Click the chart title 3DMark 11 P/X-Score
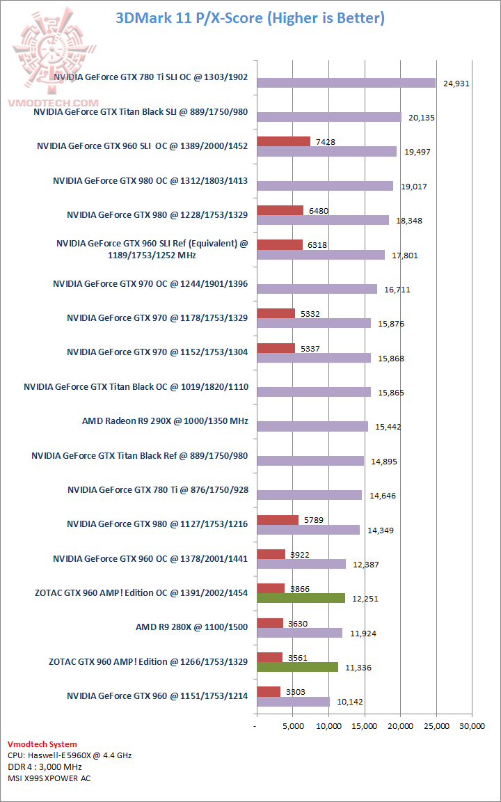(x=250, y=18)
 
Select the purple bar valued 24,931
(x=346, y=83)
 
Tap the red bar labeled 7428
(x=283, y=141)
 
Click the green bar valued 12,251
(x=301, y=598)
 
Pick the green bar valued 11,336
(x=297, y=667)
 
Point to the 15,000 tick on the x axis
(x=364, y=727)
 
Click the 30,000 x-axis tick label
(x=471, y=727)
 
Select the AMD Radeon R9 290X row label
(x=165, y=421)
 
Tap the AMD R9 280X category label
(x=191, y=627)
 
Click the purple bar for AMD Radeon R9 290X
(x=312, y=426)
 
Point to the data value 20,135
(x=422, y=118)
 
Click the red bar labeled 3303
(x=269, y=691)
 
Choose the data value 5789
(x=309, y=519)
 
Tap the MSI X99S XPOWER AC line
(x=49, y=778)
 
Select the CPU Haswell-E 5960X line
(x=70, y=755)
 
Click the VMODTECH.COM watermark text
(x=52, y=102)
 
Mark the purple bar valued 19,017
(x=325, y=186)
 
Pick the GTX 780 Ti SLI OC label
(x=150, y=78)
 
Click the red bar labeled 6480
(x=280, y=210)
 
